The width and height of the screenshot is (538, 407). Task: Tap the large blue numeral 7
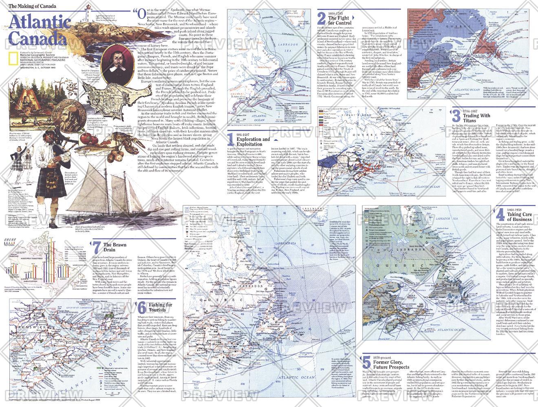coord(95,247)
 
